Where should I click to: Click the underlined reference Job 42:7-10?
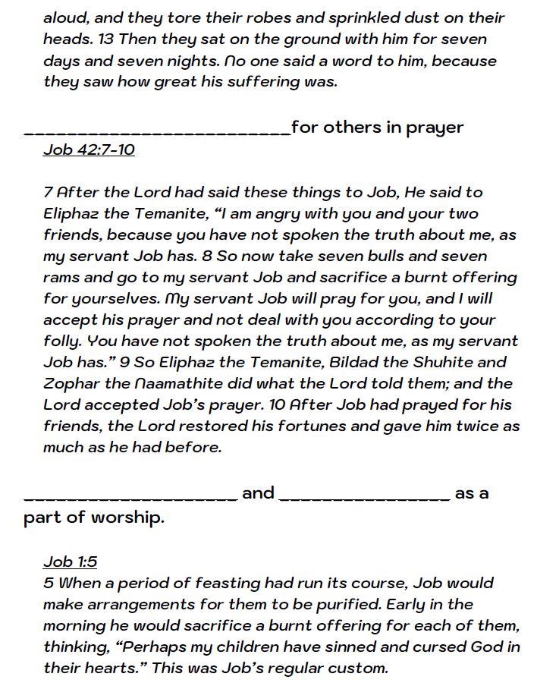(x=89, y=149)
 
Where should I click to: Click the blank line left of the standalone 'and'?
(x=131, y=498)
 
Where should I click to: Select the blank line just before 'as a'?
(x=365, y=498)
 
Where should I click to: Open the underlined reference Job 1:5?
(x=71, y=562)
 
